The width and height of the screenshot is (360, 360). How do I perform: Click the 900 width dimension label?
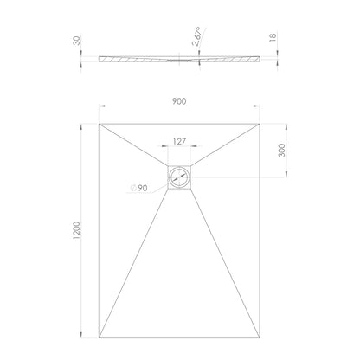tap(179, 101)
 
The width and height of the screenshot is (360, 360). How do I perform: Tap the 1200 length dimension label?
tap(77, 231)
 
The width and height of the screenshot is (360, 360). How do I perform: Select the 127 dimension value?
tap(179, 141)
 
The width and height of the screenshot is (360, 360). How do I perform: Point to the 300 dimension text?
tap(281, 151)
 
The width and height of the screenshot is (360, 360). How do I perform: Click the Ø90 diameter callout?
tap(139, 188)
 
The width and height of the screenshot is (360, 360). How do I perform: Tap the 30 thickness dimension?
tap(77, 41)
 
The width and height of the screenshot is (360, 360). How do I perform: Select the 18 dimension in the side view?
tap(273, 37)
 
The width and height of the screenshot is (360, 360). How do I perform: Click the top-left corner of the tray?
tap(99, 124)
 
